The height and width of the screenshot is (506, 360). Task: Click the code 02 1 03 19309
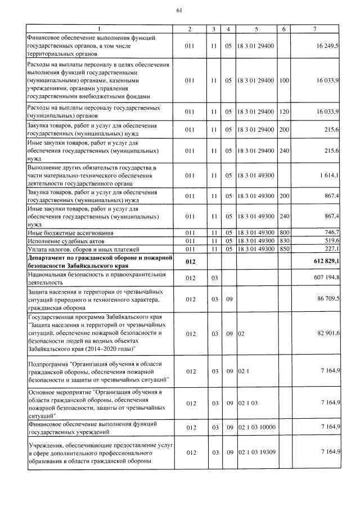[x=256, y=452]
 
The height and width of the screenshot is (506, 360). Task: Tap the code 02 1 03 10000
[x=256, y=428]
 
